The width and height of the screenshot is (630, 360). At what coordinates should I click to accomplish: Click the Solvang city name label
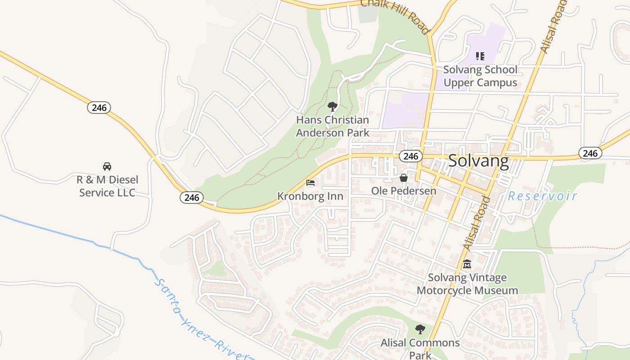click(478, 161)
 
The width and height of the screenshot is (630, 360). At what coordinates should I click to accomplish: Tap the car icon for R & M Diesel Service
click(107, 166)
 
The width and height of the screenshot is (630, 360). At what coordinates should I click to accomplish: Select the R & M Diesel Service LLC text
click(107, 186)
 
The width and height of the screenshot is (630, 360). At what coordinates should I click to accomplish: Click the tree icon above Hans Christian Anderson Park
click(333, 107)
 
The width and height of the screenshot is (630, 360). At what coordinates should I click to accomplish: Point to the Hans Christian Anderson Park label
click(333, 126)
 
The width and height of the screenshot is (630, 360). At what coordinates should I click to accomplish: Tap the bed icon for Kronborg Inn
click(310, 183)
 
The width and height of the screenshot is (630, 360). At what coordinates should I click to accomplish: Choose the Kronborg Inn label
click(310, 196)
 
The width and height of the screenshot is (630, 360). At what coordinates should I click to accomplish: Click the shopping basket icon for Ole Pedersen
click(404, 178)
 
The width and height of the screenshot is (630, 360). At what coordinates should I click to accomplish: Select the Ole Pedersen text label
click(404, 191)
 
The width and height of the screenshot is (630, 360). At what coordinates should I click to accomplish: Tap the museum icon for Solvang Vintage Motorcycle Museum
click(467, 264)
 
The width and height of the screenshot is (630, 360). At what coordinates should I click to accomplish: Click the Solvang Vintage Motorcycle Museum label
click(467, 284)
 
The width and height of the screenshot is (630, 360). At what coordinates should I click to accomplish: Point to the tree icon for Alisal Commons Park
click(420, 329)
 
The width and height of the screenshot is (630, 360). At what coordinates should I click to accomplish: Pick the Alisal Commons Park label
click(420, 348)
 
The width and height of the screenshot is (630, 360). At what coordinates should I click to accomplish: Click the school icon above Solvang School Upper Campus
click(480, 56)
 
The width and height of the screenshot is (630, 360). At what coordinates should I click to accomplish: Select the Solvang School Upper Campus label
click(480, 76)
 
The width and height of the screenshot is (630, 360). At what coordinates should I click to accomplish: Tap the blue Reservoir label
click(542, 196)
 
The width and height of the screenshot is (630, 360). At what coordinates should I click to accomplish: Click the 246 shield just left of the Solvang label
click(410, 156)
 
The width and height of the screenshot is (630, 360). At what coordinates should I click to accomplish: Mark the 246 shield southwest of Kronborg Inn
click(192, 198)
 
